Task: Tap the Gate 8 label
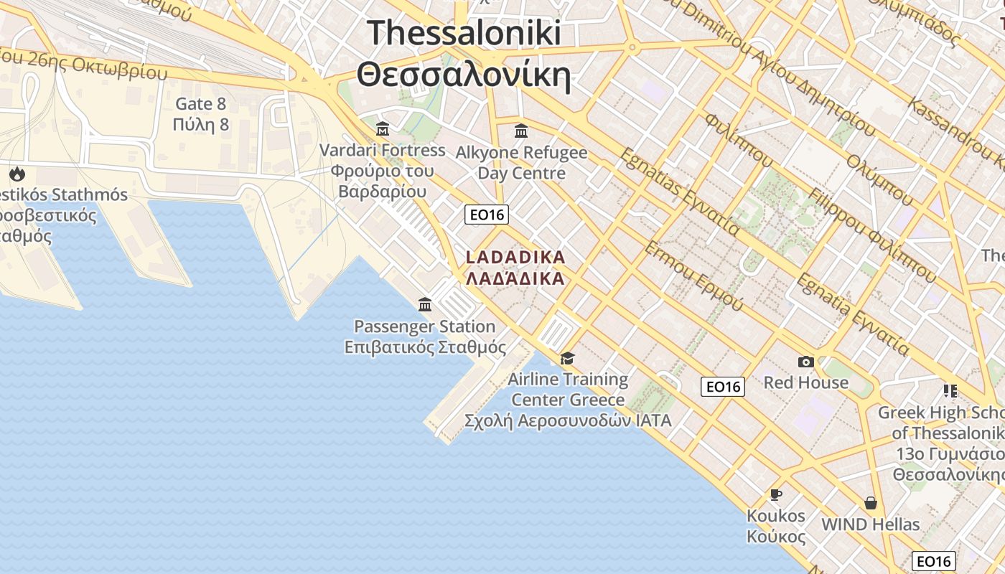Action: pos(201,104)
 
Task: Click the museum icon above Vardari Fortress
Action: pos(383,129)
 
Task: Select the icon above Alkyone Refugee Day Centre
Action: pos(521,131)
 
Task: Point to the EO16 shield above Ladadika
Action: pos(487,214)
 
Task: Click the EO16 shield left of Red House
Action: pos(723,387)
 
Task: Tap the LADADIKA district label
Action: pos(515,257)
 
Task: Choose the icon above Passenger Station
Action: pos(425,304)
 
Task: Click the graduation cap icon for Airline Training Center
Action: pos(568,358)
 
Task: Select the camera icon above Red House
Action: pos(805,362)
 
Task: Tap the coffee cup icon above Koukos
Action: pos(775,494)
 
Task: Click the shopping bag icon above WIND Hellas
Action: pos(871,503)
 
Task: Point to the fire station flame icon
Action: pos(17,174)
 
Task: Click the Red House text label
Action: pos(805,382)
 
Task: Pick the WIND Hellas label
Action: pos(871,524)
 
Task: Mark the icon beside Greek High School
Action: pos(950,391)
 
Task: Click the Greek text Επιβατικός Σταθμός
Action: pos(425,347)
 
